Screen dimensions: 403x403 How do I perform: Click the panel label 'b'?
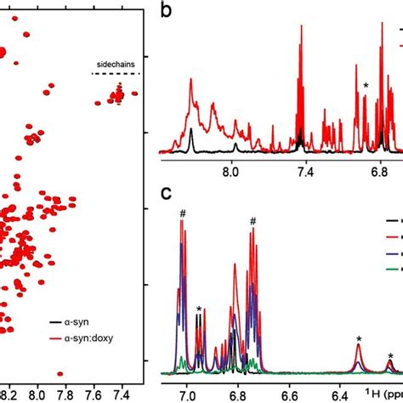click(x=167, y=12)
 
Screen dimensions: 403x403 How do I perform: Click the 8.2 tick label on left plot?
click(x=9, y=394)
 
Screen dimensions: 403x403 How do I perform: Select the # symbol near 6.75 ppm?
click(x=253, y=222)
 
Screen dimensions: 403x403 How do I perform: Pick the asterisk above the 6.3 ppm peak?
click(x=360, y=339)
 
